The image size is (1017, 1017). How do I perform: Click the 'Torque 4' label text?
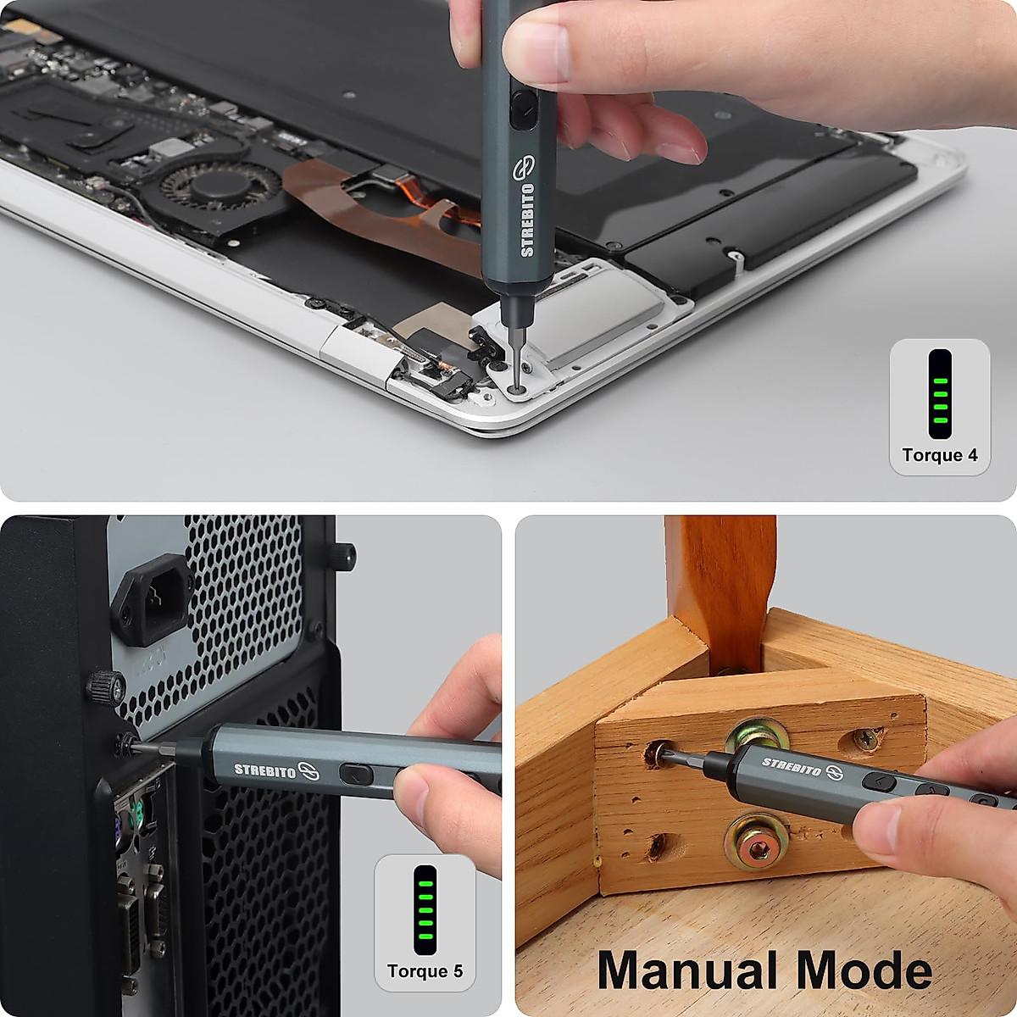[x=939, y=455]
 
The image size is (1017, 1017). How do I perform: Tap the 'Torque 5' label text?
[x=425, y=971]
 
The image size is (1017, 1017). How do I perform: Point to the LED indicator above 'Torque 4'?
[x=939, y=393]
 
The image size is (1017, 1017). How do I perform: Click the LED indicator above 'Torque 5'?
[x=425, y=909]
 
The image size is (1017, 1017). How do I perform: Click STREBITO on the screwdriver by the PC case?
[x=265, y=770]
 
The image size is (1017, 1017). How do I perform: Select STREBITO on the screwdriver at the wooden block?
[x=791, y=766]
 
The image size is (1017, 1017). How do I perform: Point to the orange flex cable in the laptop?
[x=373, y=212]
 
